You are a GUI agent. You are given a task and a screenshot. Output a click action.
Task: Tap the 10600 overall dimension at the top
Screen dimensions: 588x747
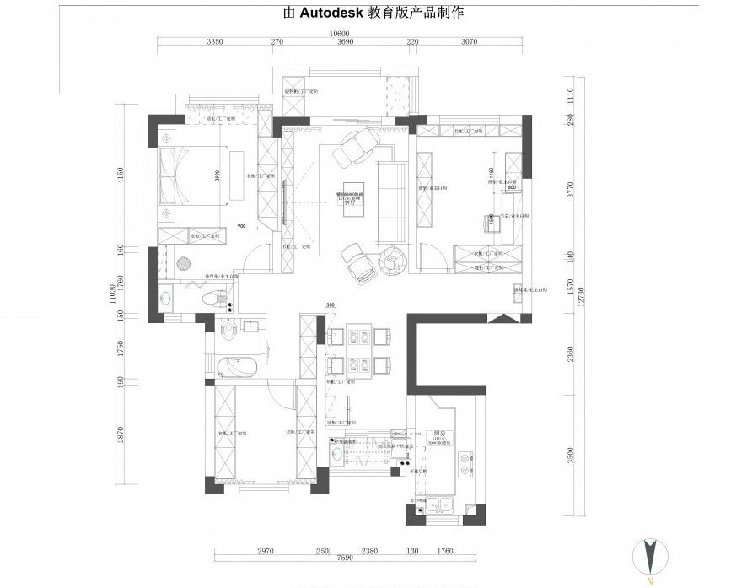pos(339,34)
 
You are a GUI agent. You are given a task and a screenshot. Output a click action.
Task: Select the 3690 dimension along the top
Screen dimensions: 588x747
pos(344,42)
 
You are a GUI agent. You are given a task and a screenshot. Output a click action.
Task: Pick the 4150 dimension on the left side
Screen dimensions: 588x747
pos(121,175)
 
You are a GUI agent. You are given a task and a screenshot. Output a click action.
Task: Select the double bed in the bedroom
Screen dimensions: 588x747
pos(194,175)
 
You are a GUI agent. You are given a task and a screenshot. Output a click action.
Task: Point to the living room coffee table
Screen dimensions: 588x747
pos(355,199)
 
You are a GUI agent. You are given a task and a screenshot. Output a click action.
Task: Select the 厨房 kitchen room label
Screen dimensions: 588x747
pos(439,431)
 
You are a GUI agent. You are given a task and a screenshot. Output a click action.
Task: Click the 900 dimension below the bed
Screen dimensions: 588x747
pos(242,226)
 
